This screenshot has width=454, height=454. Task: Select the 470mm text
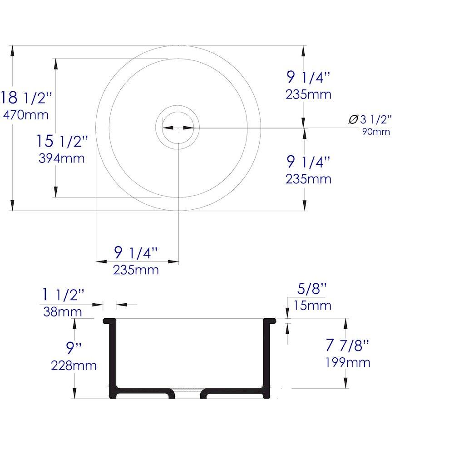click(26, 115)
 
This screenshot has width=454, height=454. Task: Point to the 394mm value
click(62, 158)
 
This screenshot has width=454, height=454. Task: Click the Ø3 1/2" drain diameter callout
click(370, 119)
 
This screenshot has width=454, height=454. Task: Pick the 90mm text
click(376, 132)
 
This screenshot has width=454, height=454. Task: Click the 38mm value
click(62, 312)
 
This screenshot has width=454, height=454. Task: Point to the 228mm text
click(74, 365)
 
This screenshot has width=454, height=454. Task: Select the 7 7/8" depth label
click(347, 345)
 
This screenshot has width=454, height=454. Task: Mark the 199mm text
click(347, 362)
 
